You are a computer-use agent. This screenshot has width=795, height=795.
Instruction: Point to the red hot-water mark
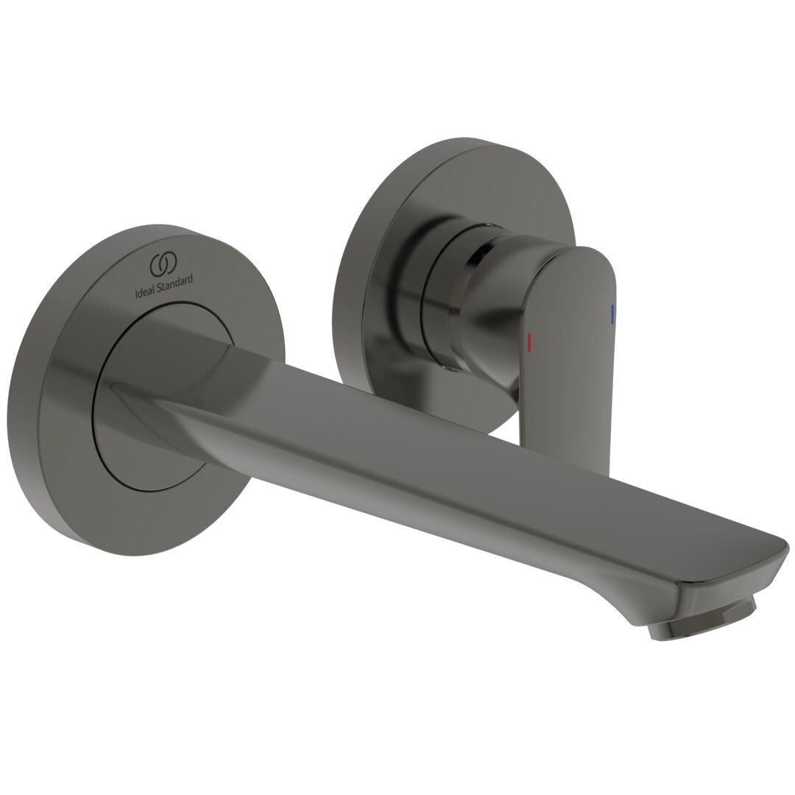pos(529,342)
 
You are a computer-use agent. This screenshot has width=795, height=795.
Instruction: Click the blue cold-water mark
pos(612,314)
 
